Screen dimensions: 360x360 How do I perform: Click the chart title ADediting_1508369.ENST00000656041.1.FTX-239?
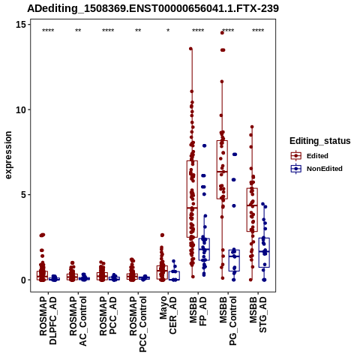[x=153, y=9]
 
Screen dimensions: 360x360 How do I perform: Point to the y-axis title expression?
[x=8, y=155]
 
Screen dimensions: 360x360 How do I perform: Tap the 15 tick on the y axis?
[x=21, y=25]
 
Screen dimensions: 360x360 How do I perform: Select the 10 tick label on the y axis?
[x=21, y=109]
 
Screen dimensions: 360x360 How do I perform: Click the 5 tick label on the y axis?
[x=23, y=195]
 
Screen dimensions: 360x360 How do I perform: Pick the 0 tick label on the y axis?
[x=23, y=280]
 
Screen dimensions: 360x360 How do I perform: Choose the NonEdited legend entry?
[x=316, y=169]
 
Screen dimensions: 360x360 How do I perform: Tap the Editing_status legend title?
[x=320, y=141]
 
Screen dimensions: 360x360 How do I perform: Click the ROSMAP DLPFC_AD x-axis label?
[x=48, y=321]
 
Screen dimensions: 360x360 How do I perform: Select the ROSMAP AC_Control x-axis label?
[x=78, y=321]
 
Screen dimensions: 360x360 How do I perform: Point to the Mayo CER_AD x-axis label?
[x=168, y=315]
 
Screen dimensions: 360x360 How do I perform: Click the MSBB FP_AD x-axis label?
[x=198, y=311]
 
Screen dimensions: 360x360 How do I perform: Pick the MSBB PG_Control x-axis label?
[x=228, y=321]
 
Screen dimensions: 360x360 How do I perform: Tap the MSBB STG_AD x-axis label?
[x=258, y=314]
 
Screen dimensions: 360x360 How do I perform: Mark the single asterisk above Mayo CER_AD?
[x=168, y=31]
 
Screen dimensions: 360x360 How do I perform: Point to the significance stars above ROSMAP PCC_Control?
[x=138, y=31]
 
